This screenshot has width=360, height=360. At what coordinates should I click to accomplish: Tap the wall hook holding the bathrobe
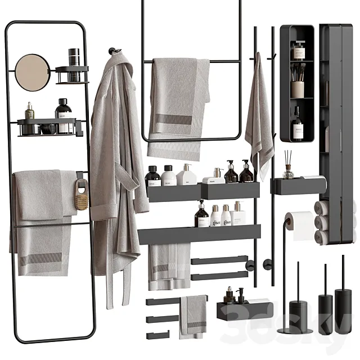coord(115,52)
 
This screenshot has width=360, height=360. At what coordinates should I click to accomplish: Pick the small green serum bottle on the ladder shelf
coord(29,111)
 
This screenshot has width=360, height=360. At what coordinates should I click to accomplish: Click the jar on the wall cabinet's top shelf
coord(298,51)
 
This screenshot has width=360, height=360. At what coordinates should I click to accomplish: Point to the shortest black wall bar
coord(157,335)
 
